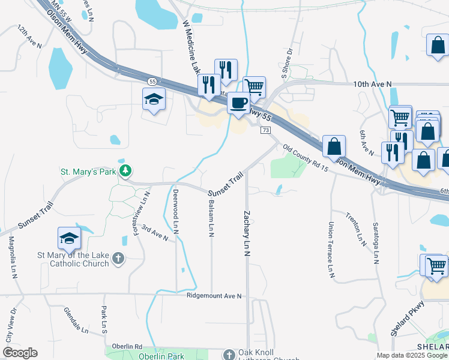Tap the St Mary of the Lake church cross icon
[119, 259]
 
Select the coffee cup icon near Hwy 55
[239, 103]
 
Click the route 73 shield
[265, 130]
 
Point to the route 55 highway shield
[152, 80]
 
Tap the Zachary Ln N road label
[247, 233]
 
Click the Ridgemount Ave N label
[214, 296]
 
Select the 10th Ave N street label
[372, 85]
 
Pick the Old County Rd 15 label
[306, 158]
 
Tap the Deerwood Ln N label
[175, 211]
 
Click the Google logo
[20, 353]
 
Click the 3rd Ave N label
[155, 233]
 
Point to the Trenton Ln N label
[356, 229]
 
